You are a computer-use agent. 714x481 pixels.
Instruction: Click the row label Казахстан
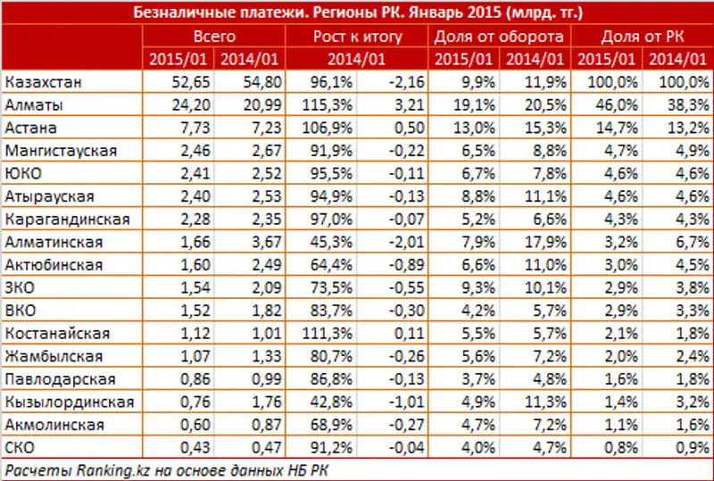point(44,83)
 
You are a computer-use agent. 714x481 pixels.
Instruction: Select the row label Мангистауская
point(60,150)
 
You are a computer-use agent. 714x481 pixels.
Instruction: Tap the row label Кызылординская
point(69,400)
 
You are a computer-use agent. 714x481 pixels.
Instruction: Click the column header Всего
point(214,37)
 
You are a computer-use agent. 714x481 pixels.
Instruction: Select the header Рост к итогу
point(357,37)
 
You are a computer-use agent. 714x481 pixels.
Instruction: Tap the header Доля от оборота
point(499,37)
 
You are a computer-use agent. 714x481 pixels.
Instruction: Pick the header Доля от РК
point(642,37)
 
